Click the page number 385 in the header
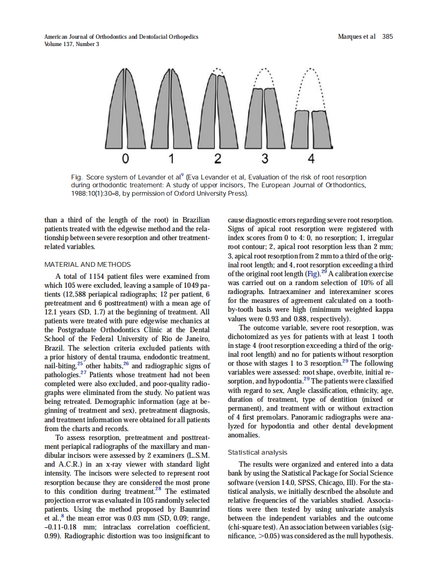387,37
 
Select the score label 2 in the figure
217,159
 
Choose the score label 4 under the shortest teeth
311,159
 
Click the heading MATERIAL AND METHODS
88,265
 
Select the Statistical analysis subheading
258,452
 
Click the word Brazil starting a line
55,348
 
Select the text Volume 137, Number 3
72,44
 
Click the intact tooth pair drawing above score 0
125,110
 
